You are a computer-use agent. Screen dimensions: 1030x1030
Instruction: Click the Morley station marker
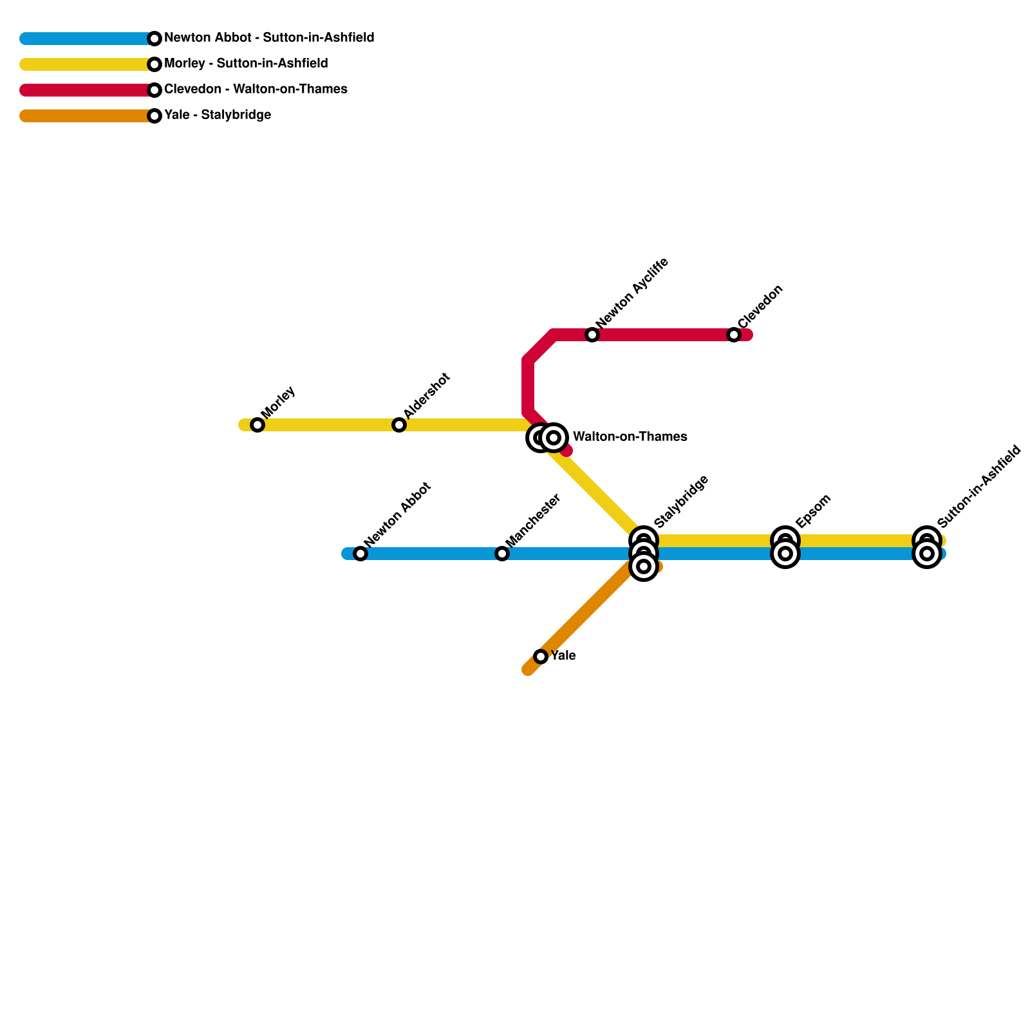click(257, 425)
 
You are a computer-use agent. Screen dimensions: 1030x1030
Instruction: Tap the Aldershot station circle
click(399, 425)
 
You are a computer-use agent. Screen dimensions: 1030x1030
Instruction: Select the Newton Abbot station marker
click(360, 554)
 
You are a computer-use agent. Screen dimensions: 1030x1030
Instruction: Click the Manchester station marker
click(502, 554)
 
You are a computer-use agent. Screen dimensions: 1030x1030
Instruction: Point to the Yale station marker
click(541, 657)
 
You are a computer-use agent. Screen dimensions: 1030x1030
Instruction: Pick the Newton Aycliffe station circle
click(592, 335)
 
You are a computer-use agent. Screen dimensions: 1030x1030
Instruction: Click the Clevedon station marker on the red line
click(734, 335)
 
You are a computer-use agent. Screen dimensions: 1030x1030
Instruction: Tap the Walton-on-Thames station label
click(630, 437)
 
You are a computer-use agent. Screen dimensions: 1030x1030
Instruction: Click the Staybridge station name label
click(681, 501)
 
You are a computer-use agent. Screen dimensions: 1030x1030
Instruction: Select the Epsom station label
click(813, 511)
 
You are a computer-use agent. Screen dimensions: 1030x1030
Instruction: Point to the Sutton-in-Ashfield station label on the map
click(979, 486)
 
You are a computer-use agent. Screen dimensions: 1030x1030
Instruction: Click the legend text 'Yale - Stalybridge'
click(218, 115)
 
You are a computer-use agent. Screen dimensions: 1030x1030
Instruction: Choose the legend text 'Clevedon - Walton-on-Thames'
click(256, 89)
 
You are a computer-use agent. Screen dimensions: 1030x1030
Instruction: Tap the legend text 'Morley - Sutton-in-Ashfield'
click(246, 64)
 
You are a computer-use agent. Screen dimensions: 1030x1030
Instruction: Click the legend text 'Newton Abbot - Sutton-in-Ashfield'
click(269, 38)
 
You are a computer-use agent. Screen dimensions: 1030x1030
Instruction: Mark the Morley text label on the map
click(278, 402)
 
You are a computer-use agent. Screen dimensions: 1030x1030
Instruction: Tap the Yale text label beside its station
click(563, 656)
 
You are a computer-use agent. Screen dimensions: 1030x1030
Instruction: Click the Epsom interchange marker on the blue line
click(785, 554)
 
